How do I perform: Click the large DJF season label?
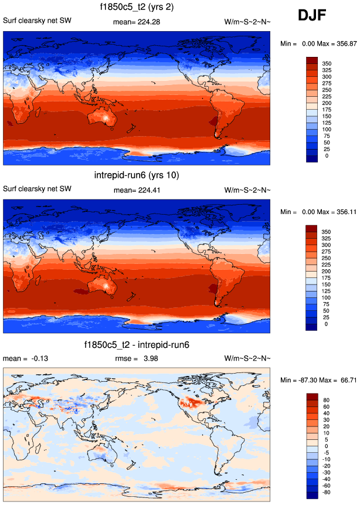coord(315,16)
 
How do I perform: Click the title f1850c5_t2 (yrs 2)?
coord(137,8)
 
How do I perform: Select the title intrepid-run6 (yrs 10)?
coord(137,175)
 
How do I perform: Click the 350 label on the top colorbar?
coord(327,62)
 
